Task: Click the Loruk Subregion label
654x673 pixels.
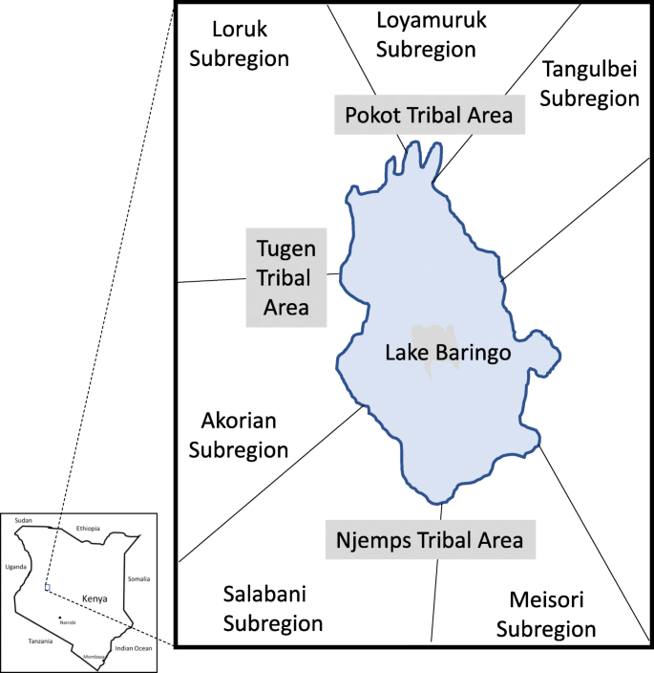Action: [239, 44]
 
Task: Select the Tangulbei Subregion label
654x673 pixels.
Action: [589, 83]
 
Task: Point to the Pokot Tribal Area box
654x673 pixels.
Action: [429, 115]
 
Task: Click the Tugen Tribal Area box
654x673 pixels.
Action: [285, 277]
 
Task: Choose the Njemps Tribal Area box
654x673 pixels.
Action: [430, 539]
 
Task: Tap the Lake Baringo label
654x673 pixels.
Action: [448, 353]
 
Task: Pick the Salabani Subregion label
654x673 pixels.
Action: [272, 609]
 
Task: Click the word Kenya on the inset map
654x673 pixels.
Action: [95, 597]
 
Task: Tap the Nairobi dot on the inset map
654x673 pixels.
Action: [59, 617]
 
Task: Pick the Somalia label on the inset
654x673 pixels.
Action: [138, 578]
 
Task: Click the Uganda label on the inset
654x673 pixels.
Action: [15, 566]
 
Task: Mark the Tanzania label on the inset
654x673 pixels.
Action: [40, 640]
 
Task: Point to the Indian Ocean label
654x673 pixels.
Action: [134, 648]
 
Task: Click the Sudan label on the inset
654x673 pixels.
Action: [24, 519]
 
